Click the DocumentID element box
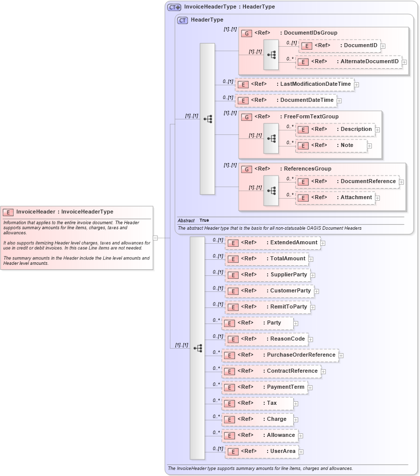coord(339,46)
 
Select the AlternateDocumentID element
coord(348,62)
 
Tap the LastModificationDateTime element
coord(294,84)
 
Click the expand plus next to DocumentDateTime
coord(339,100)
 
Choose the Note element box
coord(331,145)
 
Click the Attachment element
coord(335,198)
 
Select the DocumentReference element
coord(347,182)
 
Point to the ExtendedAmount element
coord(272,243)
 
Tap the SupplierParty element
coord(268,275)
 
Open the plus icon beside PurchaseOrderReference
coord(341,356)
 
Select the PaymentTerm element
coord(265,387)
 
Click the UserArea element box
coord(262,451)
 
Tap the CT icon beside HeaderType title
coord(182,20)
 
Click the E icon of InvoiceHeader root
coord(8,212)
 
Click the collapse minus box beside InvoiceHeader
coord(155,238)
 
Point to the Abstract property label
coord(186,220)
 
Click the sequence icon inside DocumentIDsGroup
coord(271,54)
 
